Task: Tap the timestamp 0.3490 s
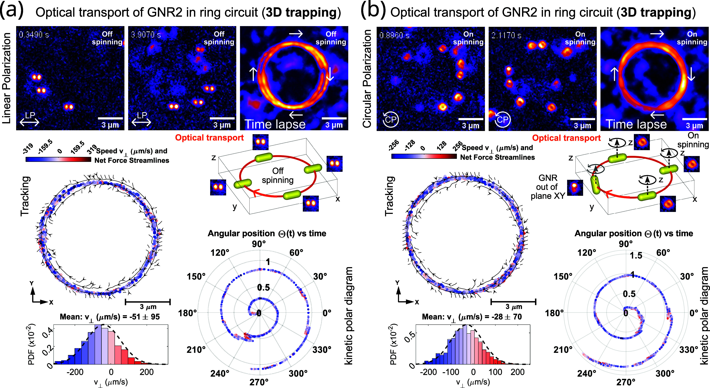click(34, 35)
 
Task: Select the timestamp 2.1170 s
click(506, 35)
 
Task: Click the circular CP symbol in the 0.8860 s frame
click(390, 119)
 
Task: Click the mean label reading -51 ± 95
click(110, 317)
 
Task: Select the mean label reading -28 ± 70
click(472, 317)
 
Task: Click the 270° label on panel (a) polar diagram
click(259, 382)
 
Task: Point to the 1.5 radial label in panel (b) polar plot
click(636, 255)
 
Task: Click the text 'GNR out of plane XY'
click(548, 187)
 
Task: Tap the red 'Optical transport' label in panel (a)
click(209, 138)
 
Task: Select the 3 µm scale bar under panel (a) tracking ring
click(148, 302)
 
